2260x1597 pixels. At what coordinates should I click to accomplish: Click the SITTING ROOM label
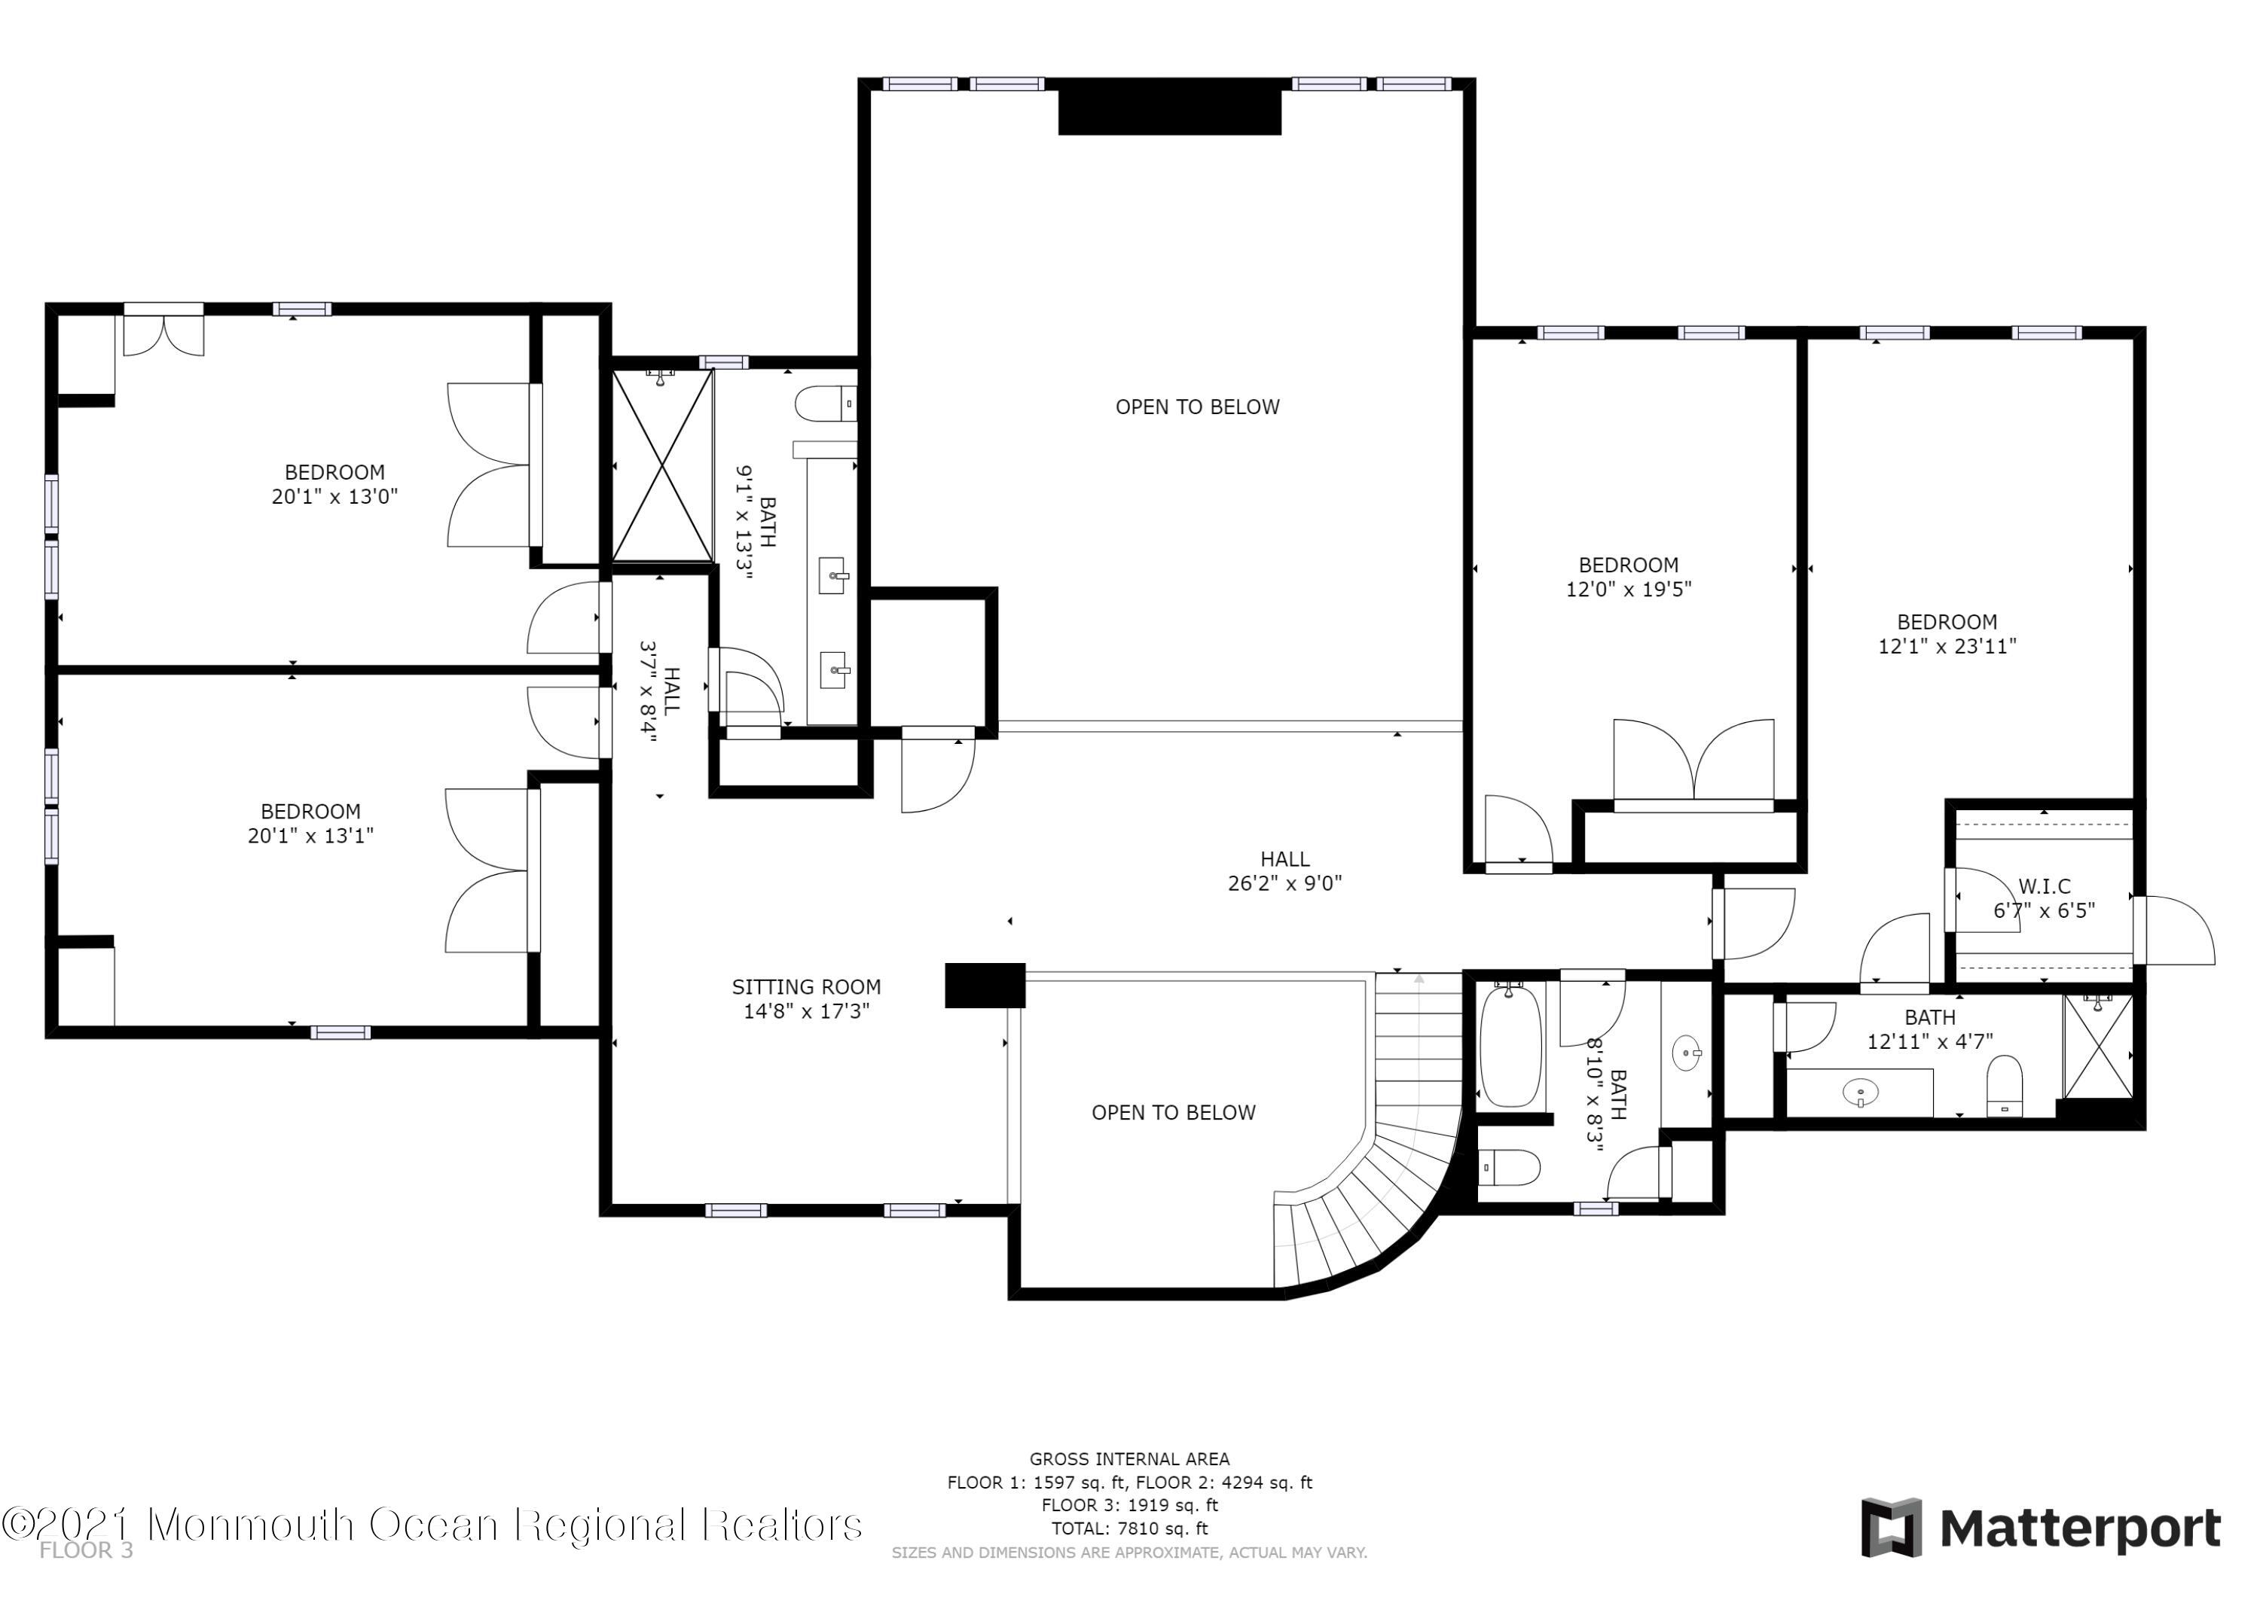(806, 987)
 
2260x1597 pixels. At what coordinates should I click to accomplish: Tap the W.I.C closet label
(2045, 885)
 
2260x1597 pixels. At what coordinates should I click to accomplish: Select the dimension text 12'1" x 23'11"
(1947, 647)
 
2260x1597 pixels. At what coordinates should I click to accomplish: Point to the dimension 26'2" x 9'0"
(1284, 884)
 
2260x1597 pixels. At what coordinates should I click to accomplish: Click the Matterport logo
(2042, 1529)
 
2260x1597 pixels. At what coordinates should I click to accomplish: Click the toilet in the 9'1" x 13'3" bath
(825, 404)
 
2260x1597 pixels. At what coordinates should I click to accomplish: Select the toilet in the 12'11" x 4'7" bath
(2004, 1087)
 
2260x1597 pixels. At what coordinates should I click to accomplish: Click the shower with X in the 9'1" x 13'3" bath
(661, 465)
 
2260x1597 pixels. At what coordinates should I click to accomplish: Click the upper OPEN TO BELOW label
(1197, 407)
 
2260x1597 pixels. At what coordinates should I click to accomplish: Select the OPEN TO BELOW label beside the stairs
(1173, 1113)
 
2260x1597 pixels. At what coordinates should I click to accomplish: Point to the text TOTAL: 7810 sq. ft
(1129, 1528)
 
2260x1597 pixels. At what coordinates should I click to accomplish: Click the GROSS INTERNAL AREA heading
(1129, 1459)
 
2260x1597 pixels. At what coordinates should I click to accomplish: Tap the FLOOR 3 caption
(87, 1552)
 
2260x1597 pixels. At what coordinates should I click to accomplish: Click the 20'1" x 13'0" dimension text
(334, 496)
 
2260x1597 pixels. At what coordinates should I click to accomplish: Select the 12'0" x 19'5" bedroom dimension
(1628, 590)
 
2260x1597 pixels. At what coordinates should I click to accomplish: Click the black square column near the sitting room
(985, 986)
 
